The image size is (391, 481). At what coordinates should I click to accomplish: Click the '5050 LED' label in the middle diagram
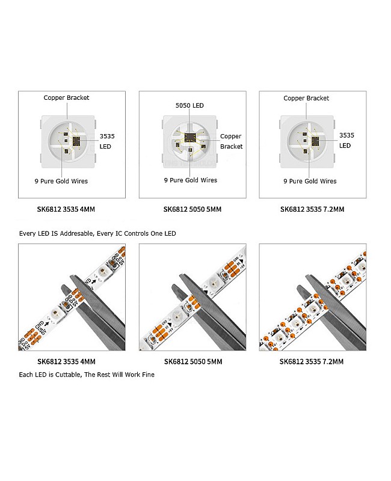[x=189, y=106]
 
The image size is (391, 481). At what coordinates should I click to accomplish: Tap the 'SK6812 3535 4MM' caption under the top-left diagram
[x=66, y=209]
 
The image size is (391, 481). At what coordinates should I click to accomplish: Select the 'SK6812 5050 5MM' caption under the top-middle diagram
[x=192, y=209]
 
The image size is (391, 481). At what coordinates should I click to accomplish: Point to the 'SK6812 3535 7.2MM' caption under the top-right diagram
[x=312, y=209]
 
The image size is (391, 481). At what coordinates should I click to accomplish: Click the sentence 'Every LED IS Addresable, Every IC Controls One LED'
[x=97, y=233]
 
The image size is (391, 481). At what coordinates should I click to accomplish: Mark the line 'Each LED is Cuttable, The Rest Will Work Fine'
[x=87, y=375]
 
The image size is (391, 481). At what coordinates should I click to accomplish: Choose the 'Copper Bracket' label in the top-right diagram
[x=306, y=98]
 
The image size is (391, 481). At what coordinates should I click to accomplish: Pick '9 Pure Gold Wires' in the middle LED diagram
[x=191, y=180]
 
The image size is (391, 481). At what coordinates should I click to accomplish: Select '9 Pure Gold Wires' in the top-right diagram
[x=310, y=181]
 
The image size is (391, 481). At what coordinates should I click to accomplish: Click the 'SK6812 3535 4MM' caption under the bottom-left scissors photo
[x=66, y=361]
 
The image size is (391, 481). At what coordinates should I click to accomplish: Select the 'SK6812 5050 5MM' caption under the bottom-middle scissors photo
[x=192, y=361]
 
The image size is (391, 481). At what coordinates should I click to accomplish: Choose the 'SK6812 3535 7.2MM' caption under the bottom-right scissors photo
[x=312, y=361]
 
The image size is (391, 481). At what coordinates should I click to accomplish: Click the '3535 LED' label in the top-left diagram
[x=106, y=141]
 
